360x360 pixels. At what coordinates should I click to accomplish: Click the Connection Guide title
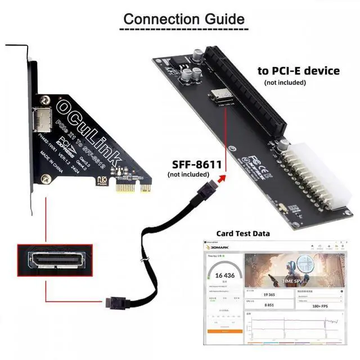click(x=184, y=18)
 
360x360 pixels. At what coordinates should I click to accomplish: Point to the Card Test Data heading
click(x=243, y=233)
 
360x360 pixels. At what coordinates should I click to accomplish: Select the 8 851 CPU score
click(x=269, y=305)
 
